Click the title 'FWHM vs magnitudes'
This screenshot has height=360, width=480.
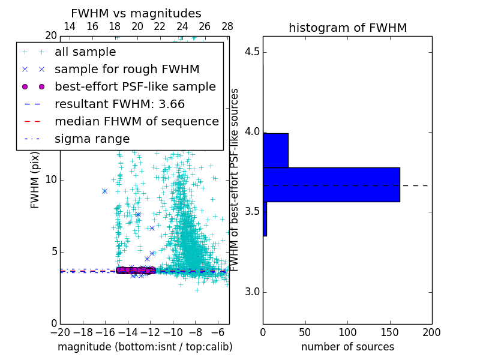click(136, 13)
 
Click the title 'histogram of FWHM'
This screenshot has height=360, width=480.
click(347, 28)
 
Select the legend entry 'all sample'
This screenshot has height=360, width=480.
click(85, 52)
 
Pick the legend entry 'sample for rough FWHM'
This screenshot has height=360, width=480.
click(127, 70)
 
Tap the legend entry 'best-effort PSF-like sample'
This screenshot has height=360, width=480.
click(135, 87)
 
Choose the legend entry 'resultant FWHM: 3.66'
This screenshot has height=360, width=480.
click(119, 104)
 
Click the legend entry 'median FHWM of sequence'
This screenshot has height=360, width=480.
click(136, 122)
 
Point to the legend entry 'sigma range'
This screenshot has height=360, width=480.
click(92, 139)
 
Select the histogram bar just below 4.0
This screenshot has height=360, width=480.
click(275, 151)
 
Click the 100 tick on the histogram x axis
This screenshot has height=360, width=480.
click(347, 332)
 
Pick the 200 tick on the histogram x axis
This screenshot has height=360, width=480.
click(431, 332)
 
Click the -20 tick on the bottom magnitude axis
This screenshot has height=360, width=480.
click(60, 332)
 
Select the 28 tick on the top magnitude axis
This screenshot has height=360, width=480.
click(227, 26)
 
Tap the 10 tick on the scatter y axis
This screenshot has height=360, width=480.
click(50, 180)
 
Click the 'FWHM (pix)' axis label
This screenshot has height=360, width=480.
click(35, 180)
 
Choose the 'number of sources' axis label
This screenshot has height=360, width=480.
click(347, 347)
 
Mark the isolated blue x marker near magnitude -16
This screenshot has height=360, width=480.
click(104, 191)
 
